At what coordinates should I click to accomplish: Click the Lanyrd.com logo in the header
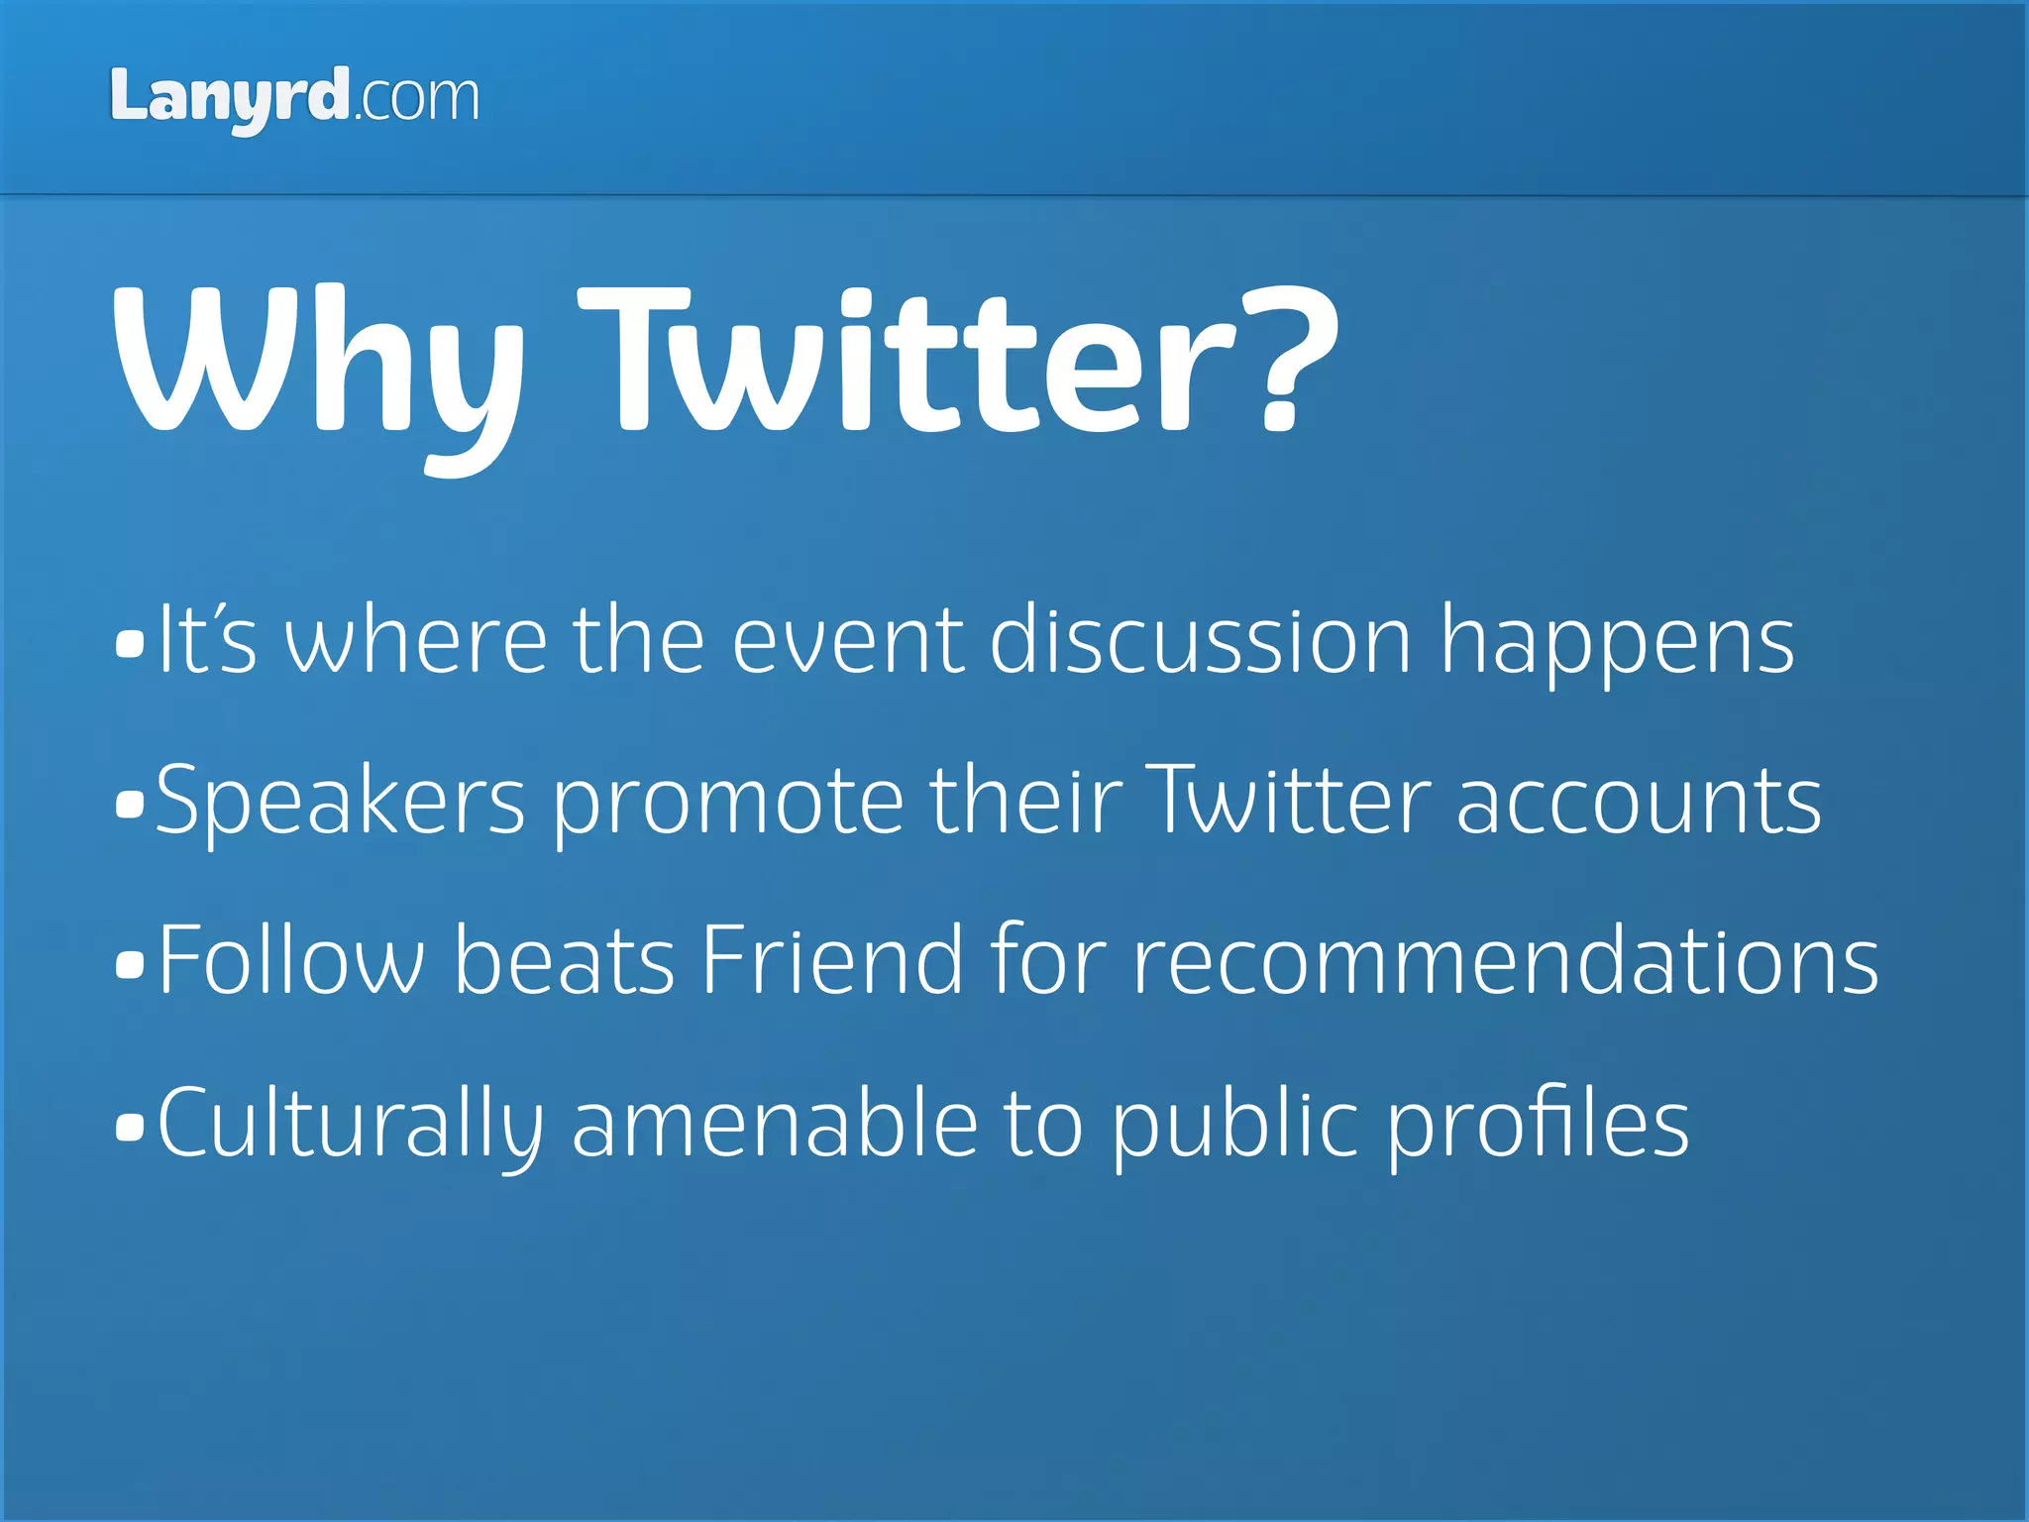click(x=294, y=97)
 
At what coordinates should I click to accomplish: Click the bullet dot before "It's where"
click(x=129, y=644)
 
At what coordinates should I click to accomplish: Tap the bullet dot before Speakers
click(x=129, y=804)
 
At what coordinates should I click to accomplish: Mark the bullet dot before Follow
click(x=129, y=963)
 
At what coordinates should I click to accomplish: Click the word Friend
click(x=831, y=959)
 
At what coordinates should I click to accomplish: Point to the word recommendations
click(x=1505, y=959)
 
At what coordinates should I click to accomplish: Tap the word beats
click(x=564, y=959)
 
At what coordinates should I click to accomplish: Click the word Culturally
click(x=350, y=1126)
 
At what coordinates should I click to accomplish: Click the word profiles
click(x=1537, y=1126)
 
